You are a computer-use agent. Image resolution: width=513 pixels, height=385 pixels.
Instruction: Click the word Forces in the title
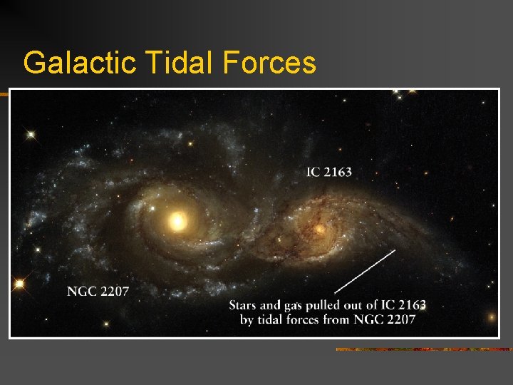point(269,63)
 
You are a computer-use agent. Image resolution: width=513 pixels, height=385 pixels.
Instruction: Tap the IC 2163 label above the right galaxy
point(328,172)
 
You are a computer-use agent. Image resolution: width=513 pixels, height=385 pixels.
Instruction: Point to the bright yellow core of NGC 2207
point(177,222)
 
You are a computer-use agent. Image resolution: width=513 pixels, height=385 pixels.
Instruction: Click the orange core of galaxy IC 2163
point(320,229)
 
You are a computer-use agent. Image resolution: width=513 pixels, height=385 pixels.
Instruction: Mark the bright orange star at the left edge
point(19,284)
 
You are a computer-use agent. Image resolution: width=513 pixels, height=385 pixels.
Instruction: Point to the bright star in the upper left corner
point(31,133)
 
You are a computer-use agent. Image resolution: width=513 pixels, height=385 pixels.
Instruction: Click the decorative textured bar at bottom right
point(423,349)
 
